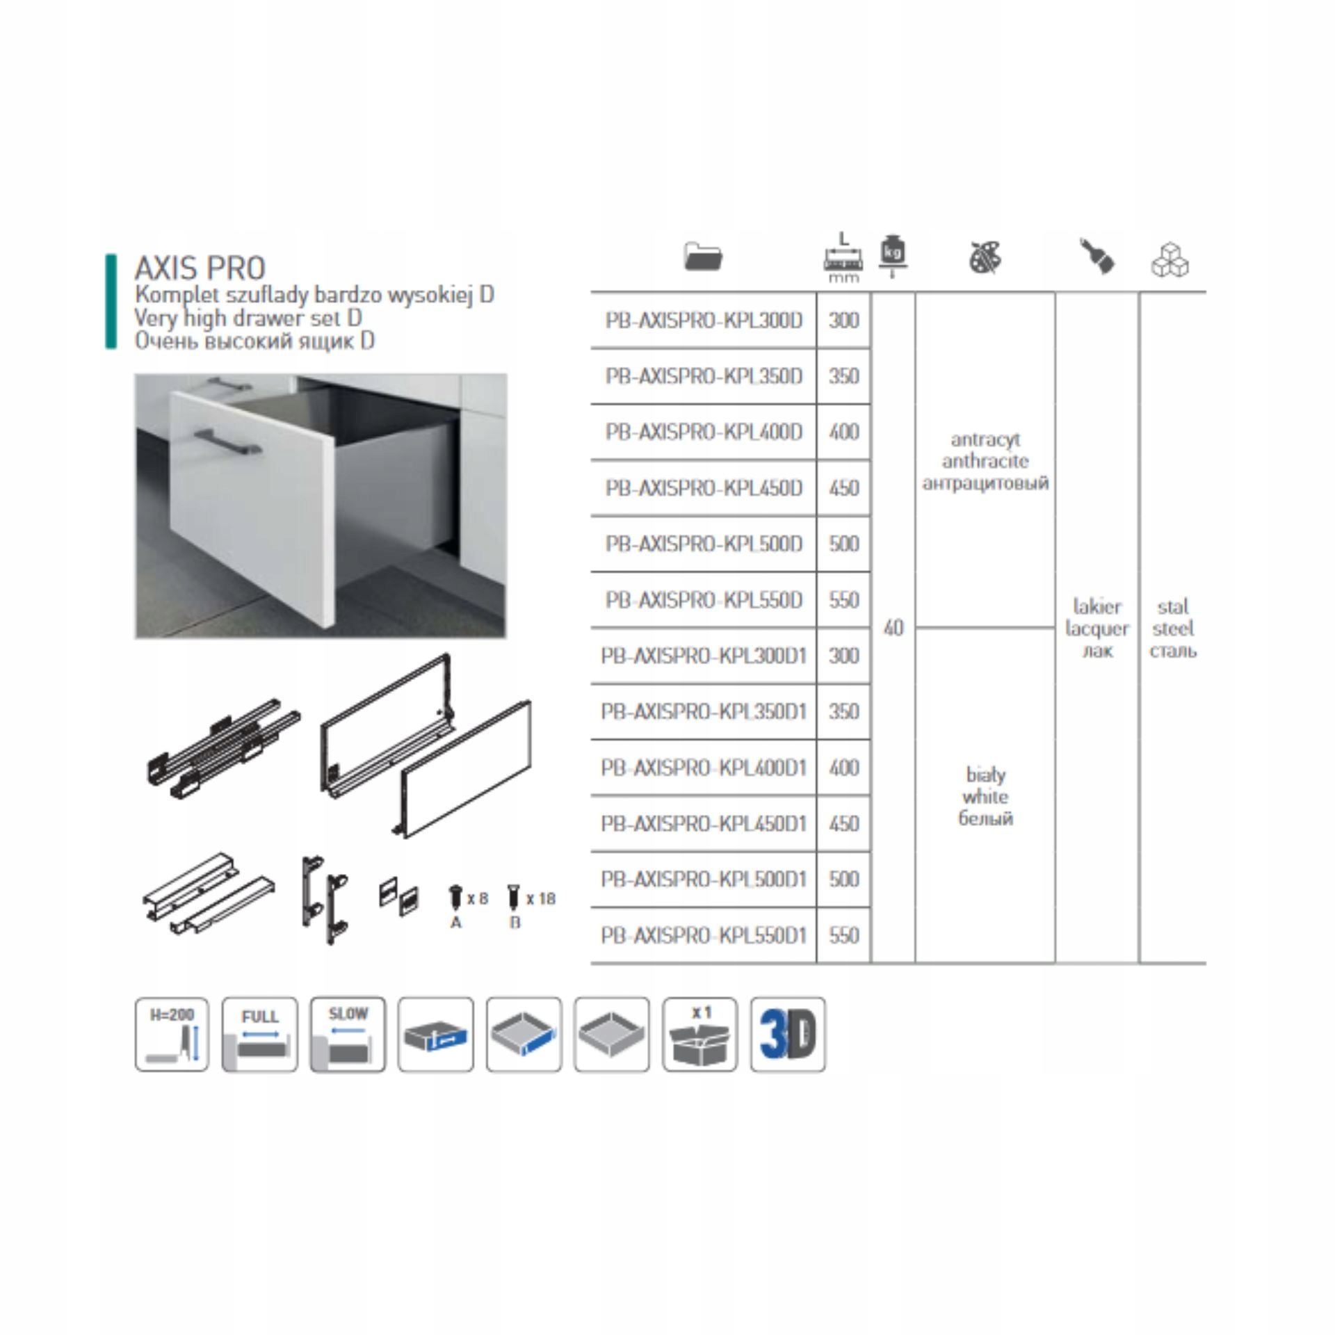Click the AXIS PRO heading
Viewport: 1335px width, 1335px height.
tap(200, 268)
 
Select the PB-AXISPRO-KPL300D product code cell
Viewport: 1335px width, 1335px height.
tap(704, 321)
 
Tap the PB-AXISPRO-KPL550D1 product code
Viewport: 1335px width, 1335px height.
tap(704, 935)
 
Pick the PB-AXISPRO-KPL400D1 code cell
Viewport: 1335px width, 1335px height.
tap(704, 768)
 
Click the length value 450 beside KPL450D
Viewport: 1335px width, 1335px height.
tap(843, 488)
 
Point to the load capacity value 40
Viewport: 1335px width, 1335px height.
tap(893, 628)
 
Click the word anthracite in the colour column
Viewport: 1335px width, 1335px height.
tap(985, 461)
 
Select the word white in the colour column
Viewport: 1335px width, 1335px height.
tap(985, 796)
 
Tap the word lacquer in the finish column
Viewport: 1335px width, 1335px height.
tap(1097, 629)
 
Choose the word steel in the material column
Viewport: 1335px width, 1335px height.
tap(1173, 629)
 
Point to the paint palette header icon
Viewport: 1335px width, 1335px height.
tap(985, 257)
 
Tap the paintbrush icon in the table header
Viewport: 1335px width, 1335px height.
tap(1097, 255)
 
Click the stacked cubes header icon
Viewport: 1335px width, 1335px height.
tap(1170, 259)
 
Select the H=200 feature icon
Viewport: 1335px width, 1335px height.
tap(172, 1034)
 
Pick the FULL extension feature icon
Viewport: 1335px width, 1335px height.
tap(260, 1034)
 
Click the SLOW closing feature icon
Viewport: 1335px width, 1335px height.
tap(348, 1034)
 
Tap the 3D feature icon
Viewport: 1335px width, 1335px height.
tap(788, 1034)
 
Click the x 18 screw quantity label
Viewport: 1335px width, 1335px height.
tap(541, 899)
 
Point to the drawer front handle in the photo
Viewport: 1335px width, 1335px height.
tap(228, 442)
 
